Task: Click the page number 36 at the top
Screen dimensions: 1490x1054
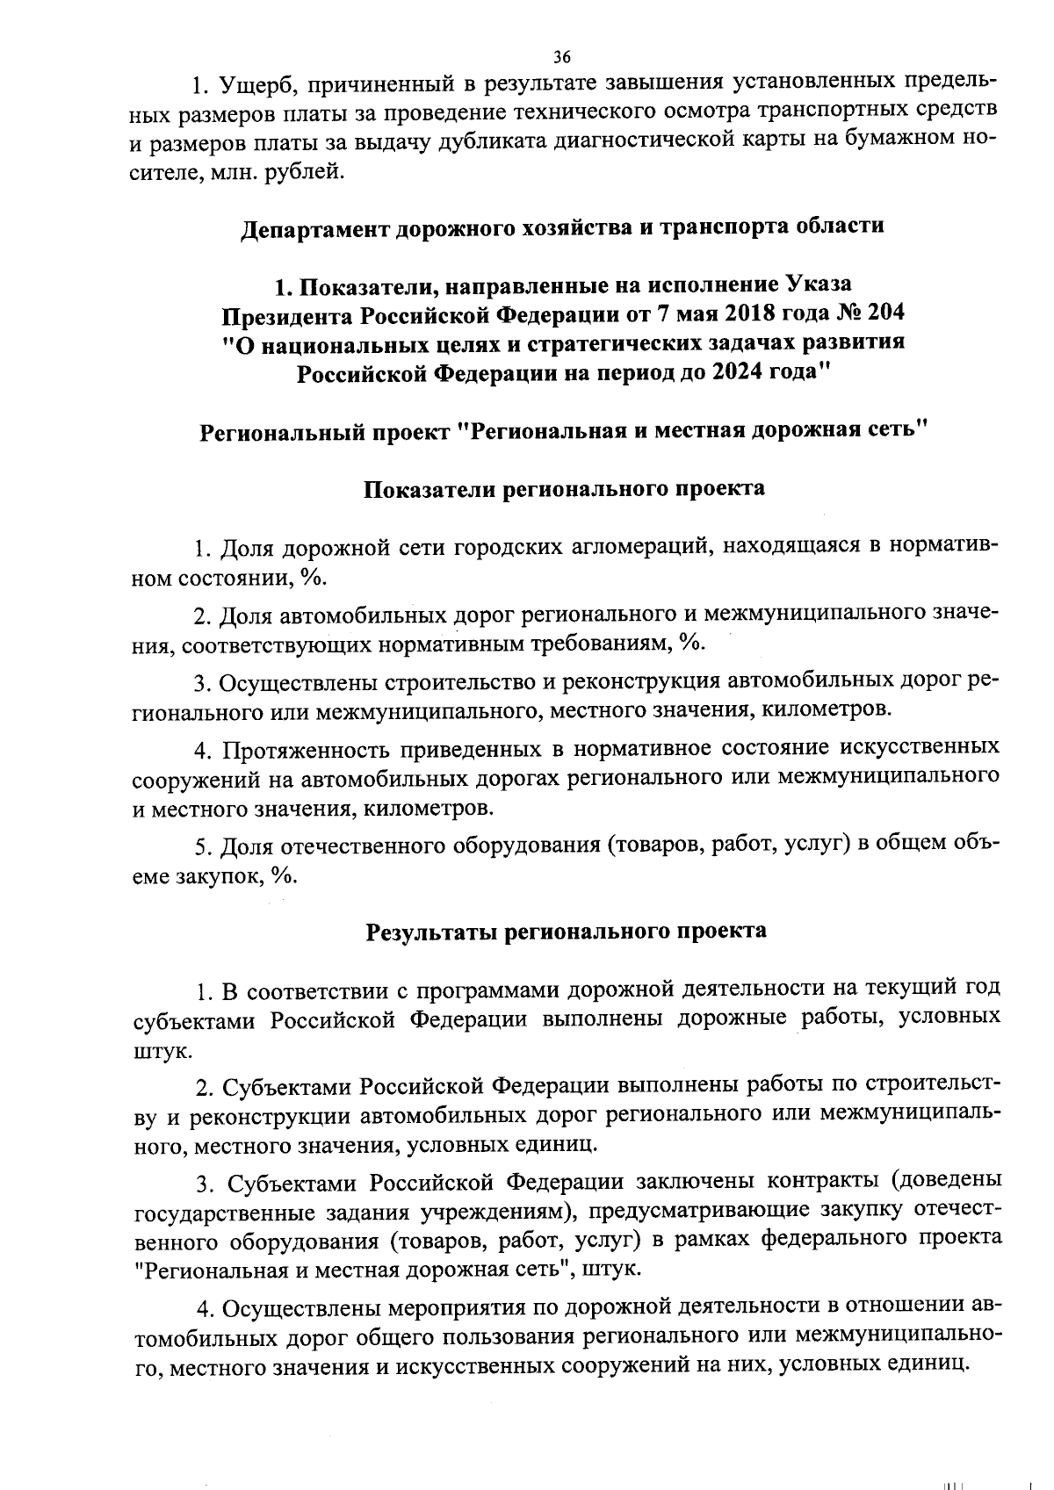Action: click(562, 57)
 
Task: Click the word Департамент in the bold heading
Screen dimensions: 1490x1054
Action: click(314, 226)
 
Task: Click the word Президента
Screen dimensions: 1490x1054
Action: click(289, 313)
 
